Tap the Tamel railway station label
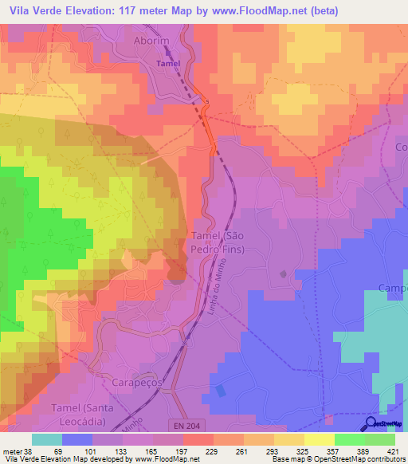168,63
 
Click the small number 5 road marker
206,102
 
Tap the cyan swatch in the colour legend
47,439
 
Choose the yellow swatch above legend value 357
319,439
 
